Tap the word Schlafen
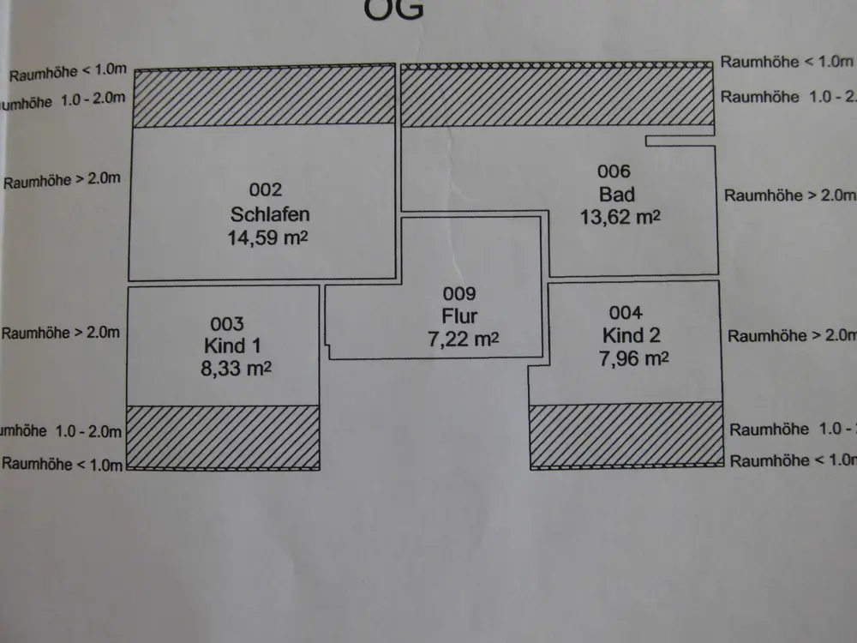click(269, 213)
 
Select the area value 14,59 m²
click(266, 237)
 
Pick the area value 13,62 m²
click(620, 217)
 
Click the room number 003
click(227, 324)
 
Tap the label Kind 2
click(631, 335)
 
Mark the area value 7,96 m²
click(633, 358)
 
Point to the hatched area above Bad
click(557, 95)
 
